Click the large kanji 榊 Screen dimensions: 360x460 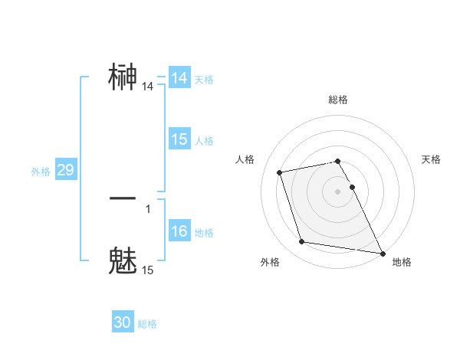click(123, 77)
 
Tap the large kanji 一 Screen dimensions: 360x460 click(123, 198)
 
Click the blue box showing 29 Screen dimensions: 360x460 click(65, 171)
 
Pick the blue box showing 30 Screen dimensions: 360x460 click(123, 322)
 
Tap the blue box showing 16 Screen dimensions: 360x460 click(179, 231)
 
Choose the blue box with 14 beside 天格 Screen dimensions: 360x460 click(179, 78)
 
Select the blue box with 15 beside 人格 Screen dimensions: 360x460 click(179, 139)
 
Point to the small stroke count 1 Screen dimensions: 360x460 click(148, 208)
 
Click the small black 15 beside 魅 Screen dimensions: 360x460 click(148, 270)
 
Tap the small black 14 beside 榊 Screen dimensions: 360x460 click(148, 87)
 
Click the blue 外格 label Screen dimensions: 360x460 click(41, 172)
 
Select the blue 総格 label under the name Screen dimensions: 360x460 click(147, 324)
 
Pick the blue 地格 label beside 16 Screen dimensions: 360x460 click(204, 233)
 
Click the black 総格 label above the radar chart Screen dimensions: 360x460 click(337, 100)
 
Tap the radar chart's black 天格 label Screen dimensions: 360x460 click(431, 159)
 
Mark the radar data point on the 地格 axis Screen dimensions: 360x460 click(382, 252)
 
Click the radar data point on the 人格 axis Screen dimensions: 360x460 click(280, 172)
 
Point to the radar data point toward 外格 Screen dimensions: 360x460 click(302, 242)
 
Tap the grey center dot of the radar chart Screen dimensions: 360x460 click(337, 191)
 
